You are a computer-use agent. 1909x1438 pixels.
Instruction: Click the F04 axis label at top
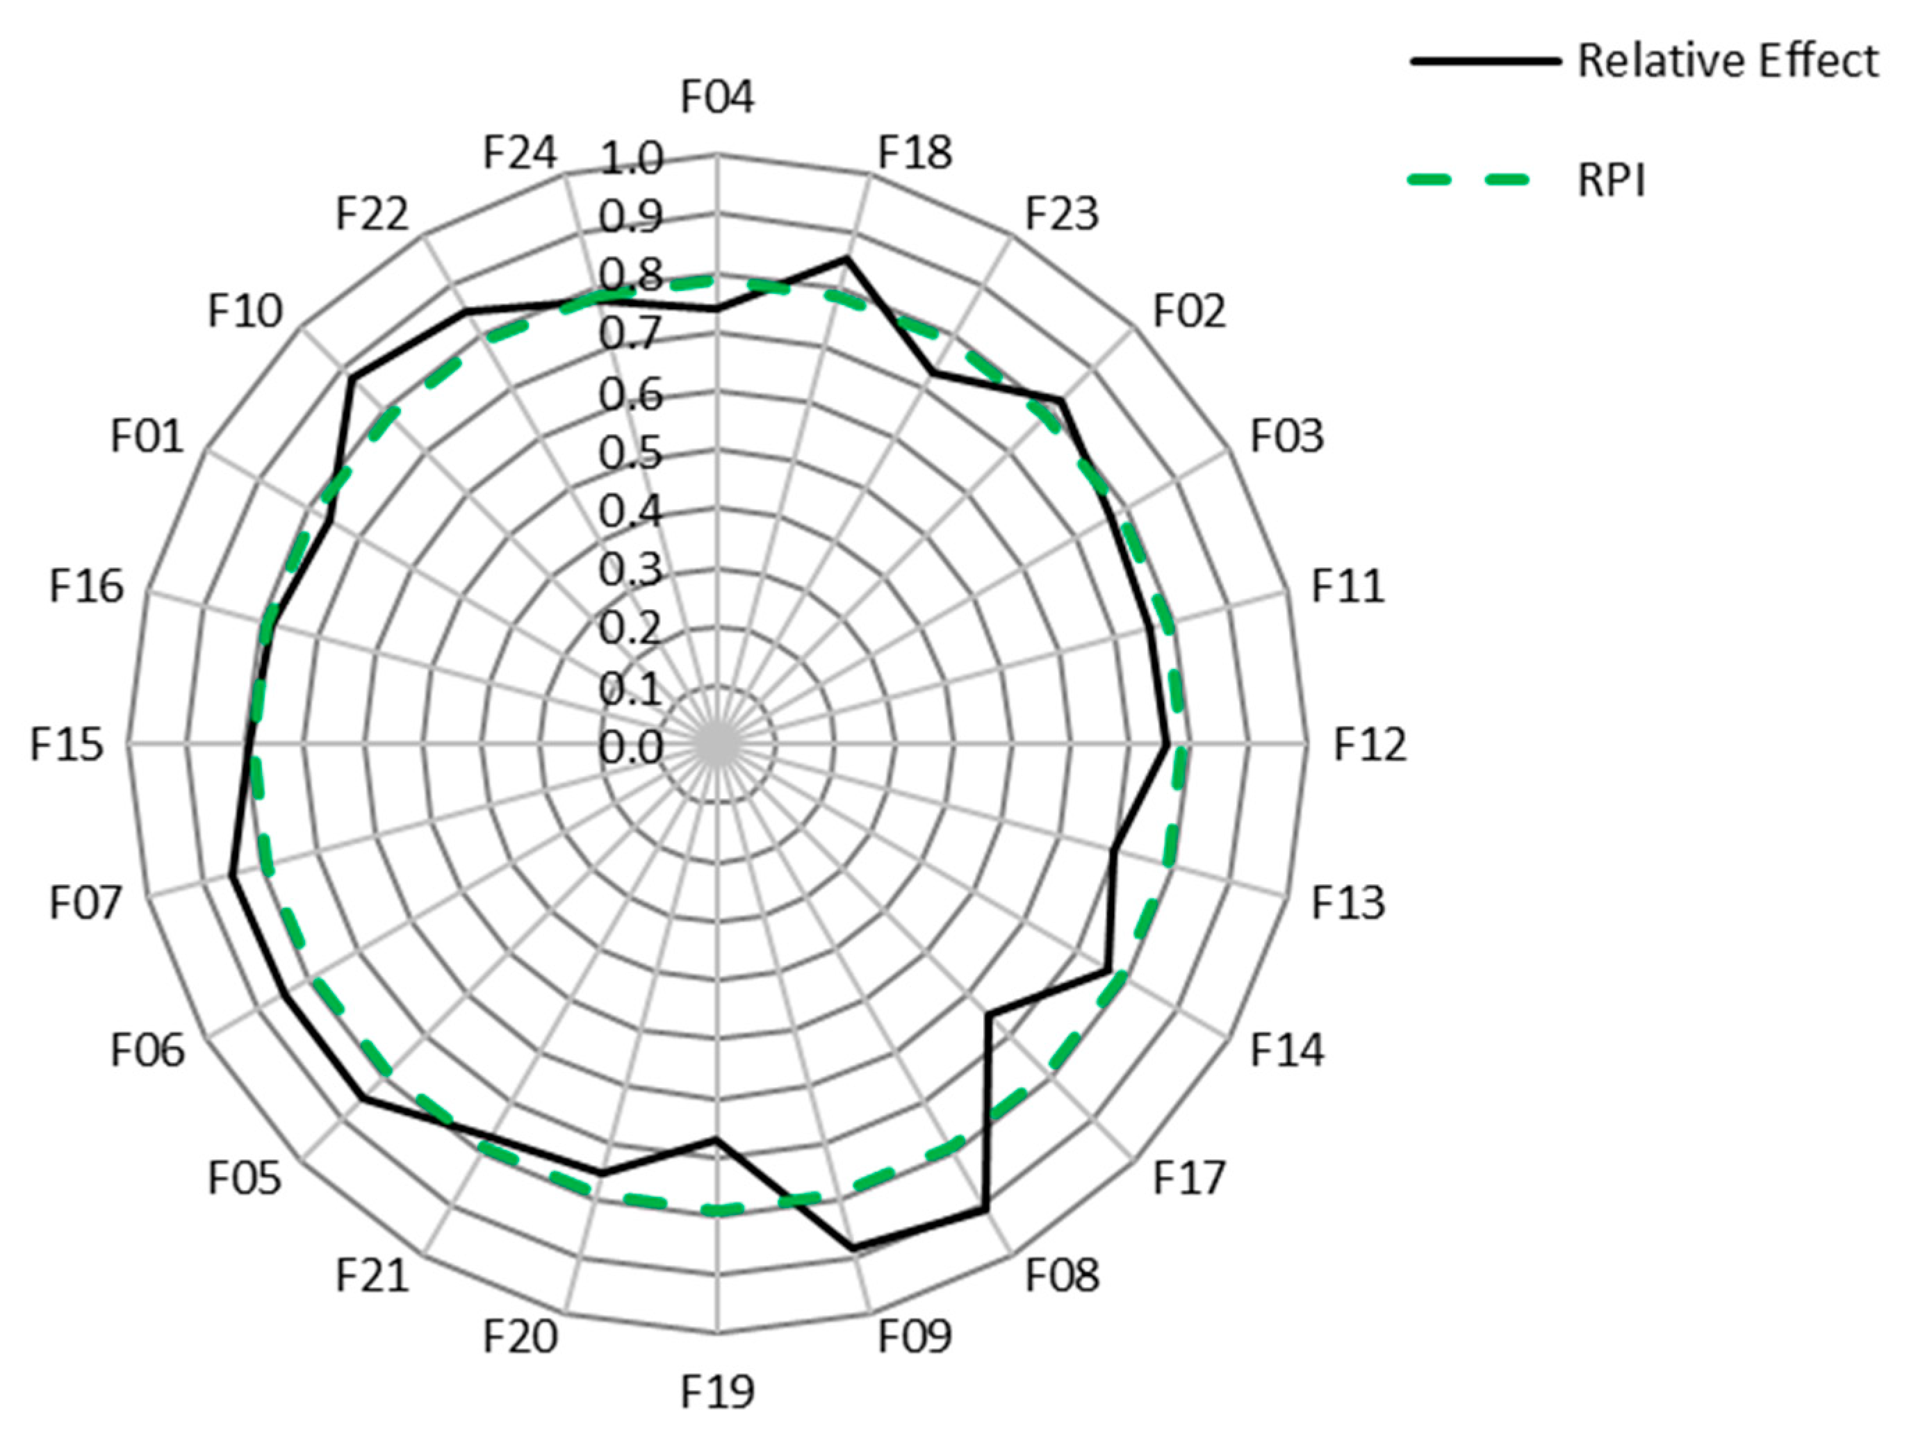click(717, 97)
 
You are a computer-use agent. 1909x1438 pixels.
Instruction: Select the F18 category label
click(915, 153)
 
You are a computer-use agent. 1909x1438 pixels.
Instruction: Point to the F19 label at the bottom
click(717, 1391)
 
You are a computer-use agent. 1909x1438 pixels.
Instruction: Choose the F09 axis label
click(915, 1336)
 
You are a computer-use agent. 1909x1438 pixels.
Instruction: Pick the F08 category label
click(1063, 1275)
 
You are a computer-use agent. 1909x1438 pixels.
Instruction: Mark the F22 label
click(372, 213)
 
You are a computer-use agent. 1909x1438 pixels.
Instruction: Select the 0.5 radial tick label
click(632, 453)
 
